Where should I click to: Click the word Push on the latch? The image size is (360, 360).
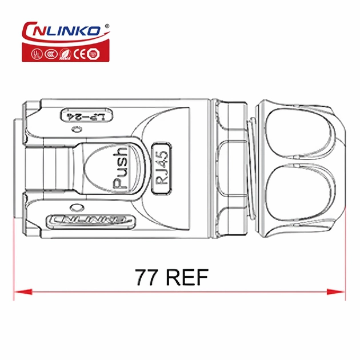pyautogui.click(x=120, y=168)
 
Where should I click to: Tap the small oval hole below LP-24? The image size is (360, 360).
pyautogui.click(x=75, y=130)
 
